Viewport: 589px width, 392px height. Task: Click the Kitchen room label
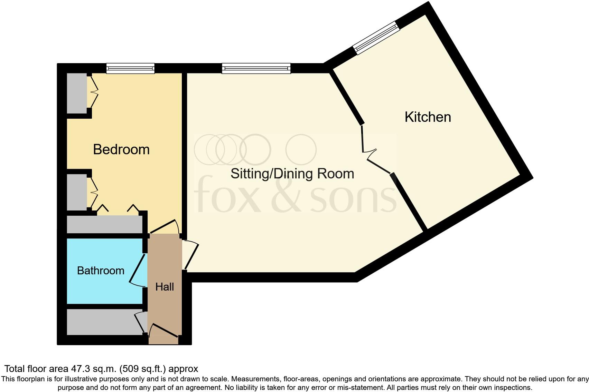(x=428, y=117)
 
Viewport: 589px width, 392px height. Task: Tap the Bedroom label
(x=121, y=149)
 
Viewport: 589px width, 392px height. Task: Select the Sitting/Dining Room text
(x=292, y=174)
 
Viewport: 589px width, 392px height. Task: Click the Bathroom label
(x=101, y=271)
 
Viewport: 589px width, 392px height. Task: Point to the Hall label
(x=165, y=287)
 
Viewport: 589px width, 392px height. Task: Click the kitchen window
(x=376, y=38)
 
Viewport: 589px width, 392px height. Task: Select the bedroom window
(x=130, y=68)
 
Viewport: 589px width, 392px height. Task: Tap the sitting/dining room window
(x=256, y=68)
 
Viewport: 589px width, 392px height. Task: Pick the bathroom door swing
(x=138, y=271)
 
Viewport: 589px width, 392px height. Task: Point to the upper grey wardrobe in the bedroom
(x=77, y=93)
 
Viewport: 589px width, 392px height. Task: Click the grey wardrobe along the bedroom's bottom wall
(x=104, y=224)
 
